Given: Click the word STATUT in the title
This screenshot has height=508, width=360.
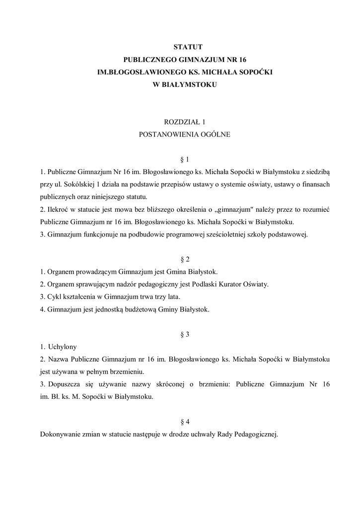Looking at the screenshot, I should point(185,47).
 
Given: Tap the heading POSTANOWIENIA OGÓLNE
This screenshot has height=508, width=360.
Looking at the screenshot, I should point(185,134).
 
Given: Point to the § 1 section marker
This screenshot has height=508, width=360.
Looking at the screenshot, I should point(185,159).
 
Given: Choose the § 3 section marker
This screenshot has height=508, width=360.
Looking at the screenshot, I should point(185,334).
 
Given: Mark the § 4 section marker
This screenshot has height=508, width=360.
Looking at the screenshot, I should point(185,422).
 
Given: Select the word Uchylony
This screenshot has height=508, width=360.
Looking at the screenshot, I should point(62,347).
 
